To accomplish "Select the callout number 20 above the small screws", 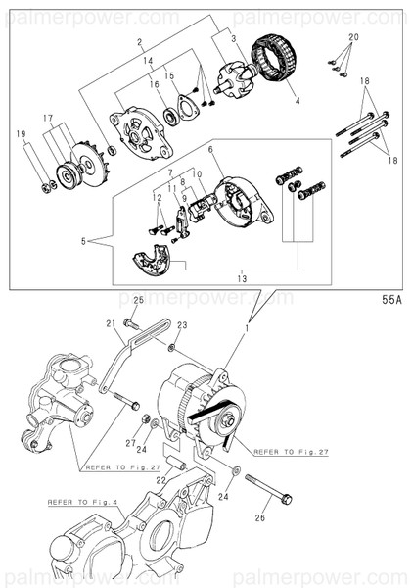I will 353,36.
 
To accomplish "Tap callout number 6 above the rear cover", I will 209,149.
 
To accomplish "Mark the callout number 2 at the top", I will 140,44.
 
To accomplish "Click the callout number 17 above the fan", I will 46,118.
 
